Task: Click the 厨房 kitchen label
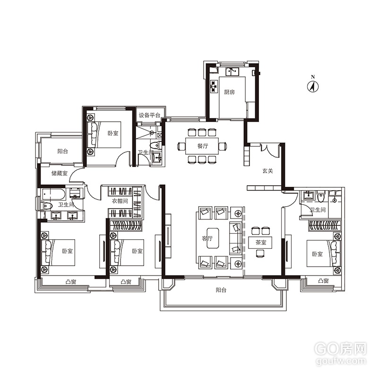[229, 92]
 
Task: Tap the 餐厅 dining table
[202, 146]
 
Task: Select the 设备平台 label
[149, 115]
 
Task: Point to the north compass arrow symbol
[313, 86]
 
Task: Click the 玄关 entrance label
[267, 171]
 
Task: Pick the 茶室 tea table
[261, 243]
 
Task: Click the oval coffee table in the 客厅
[213, 238]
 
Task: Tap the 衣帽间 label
[120, 201]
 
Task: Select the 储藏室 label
[60, 173]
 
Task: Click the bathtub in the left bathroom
[53, 194]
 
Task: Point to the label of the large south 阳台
[221, 290]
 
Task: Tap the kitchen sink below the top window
[232, 72]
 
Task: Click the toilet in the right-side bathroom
[321, 197]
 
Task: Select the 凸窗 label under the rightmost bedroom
[323, 280]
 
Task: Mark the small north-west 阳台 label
[63, 151]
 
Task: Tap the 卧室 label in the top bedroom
[113, 133]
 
